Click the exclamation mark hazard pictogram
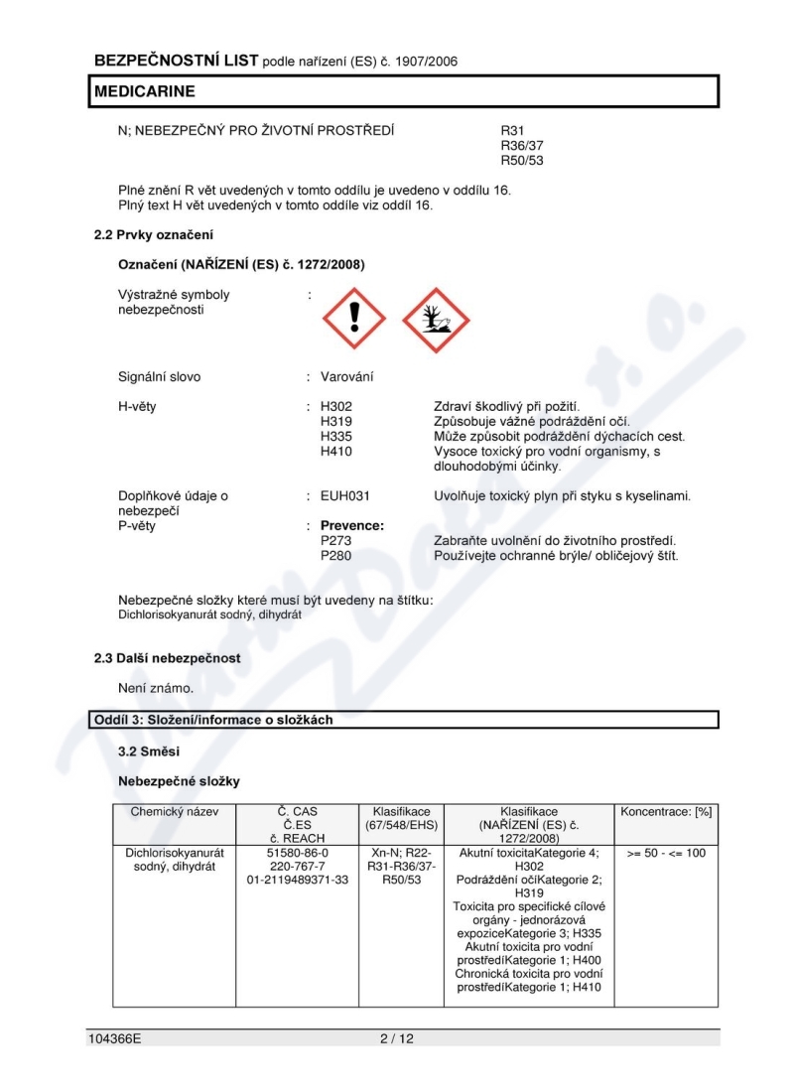(x=354, y=319)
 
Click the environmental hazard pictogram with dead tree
(x=435, y=319)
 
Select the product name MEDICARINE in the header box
(x=145, y=91)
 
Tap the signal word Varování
(x=347, y=377)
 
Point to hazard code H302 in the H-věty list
(x=336, y=407)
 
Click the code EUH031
(x=345, y=495)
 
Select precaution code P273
(x=336, y=541)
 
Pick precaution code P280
(x=336, y=556)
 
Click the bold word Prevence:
(x=352, y=526)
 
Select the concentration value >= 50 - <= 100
(x=666, y=853)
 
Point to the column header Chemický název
(x=173, y=811)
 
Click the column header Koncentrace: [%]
(x=666, y=811)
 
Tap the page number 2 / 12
(x=396, y=1038)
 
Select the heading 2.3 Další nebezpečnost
(x=167, y=658)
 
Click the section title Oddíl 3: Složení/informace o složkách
(x=213, y=720)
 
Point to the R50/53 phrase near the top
(x=522, y=160)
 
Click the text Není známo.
(x=156, y=687)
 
